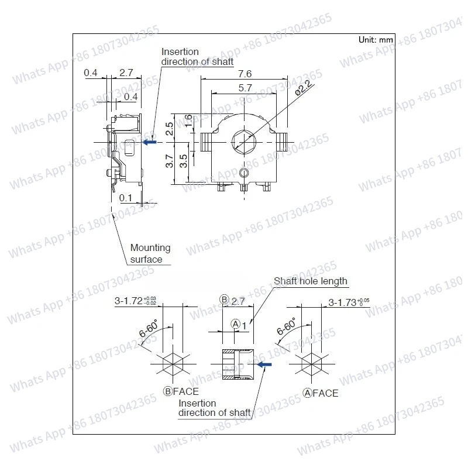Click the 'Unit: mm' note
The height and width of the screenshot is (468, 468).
(x=376, y=40)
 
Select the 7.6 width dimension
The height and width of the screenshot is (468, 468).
(x=245, y=74)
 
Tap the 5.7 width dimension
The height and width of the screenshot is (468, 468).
(x=245, y=88)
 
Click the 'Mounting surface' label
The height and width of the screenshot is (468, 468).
(x=150, y=253)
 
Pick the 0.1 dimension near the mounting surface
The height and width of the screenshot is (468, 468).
(x=125, y=198)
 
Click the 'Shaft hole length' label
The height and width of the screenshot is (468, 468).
(x=310, y=281)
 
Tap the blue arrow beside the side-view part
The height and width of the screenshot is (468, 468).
(x=150, y=142)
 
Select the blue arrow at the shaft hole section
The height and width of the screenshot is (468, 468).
(x=264, y=364)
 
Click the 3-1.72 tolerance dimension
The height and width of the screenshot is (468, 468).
(x=136, y=302)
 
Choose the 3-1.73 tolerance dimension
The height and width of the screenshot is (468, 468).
(x=349, y=302)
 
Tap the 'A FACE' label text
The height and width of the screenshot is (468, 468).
(x=320, y=393)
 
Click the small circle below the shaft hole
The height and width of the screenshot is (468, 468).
(x=244, y=172)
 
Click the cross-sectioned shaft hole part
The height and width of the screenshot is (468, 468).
(x=237, y=364)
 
